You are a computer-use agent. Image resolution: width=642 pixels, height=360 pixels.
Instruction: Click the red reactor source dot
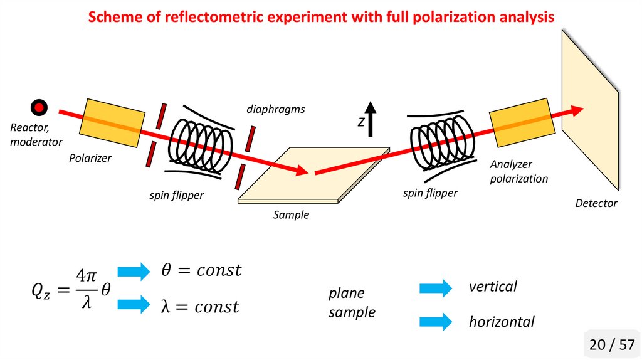[x=39, y=108]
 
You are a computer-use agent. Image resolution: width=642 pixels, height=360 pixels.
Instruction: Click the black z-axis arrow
[x=371, y=119]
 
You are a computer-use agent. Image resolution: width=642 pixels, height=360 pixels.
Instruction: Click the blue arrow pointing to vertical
[x=435, y=288]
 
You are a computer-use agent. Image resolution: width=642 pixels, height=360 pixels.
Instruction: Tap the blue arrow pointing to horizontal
[x=435, y=322]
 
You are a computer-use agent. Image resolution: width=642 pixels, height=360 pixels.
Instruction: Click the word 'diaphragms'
[x=275, y=109]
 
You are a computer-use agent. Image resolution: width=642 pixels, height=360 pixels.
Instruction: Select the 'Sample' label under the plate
[x=291, y=215]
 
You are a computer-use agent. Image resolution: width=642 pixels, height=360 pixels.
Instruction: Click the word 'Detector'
[x=596, y=203]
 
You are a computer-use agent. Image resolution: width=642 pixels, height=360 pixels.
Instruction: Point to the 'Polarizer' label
[x=90, y=158]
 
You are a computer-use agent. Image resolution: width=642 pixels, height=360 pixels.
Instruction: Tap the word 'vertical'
[x=493, y=287]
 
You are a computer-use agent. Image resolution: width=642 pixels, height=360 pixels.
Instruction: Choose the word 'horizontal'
[x=502, y=322]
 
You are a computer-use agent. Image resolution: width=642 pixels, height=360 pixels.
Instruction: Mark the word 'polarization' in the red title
[x=460, y=17]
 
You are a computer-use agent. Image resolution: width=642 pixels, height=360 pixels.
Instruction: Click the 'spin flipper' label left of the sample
[x=176, y=196]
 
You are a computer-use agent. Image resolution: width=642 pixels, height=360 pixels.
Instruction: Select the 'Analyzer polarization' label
[x=518, y=171]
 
